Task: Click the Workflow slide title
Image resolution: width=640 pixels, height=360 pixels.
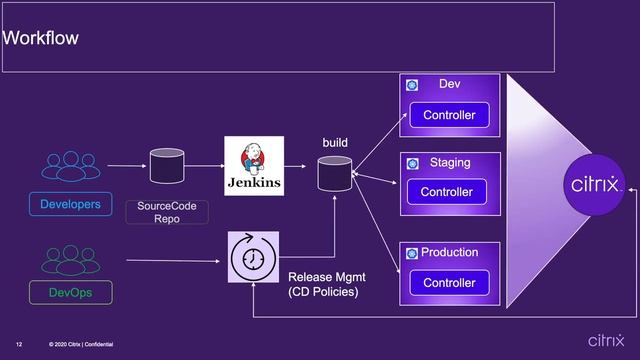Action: [41, 39]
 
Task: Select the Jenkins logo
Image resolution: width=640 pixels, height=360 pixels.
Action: [253, 166]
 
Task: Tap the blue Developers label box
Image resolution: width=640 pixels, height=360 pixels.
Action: [70, 205]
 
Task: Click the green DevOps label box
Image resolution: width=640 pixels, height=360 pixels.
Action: [70, 293]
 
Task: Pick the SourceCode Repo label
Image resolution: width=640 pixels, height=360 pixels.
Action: [153, 211]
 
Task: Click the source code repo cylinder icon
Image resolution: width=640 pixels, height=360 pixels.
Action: [166, 166]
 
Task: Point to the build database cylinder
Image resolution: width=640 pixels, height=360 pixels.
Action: [334, 174]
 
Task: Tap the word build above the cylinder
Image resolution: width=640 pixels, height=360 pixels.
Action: [335, 144]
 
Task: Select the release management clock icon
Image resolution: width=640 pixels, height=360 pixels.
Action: [253, 256]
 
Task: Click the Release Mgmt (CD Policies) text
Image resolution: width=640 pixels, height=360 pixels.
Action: [322, 284]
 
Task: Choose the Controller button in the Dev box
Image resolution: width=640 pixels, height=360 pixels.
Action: [449, 115]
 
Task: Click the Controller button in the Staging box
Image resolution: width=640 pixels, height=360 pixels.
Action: [446, 192]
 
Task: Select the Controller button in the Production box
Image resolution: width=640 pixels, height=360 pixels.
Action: [449, 283]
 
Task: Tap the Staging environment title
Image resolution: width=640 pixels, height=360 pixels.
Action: [450, 163]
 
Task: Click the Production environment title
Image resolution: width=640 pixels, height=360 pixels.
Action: [449, 253]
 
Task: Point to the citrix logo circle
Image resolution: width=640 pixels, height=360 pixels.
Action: [596, 184]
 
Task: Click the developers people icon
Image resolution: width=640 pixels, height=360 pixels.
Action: [70, 166]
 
